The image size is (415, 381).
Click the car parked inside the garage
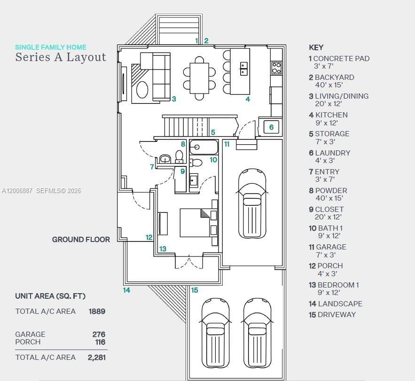tap(252, 204)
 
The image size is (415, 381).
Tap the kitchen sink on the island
tap(244, 69)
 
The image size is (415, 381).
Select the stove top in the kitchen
tap(276, 68)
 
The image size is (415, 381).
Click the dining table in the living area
tap(199, 78)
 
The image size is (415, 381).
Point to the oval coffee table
tap(142, 90)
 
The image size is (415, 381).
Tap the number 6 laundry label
tap(271, 127)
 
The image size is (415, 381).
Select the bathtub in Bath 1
tap(204, 147)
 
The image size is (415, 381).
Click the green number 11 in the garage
tap(227, 144)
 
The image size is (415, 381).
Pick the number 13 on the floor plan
tap(163, 249)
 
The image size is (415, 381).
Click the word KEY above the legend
tap(316, 47)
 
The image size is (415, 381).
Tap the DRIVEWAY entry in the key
tap(332, 315)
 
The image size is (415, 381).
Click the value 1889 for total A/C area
tap(97, 311)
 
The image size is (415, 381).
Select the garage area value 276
tap(99, 334)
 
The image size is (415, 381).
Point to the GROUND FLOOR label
tap(81, 240)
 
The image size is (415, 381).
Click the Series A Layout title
tap(61, 57)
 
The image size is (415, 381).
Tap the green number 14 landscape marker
tap(126, 290)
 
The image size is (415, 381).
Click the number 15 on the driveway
tap(195, 290)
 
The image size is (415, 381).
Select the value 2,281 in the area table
tap(97, 358)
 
